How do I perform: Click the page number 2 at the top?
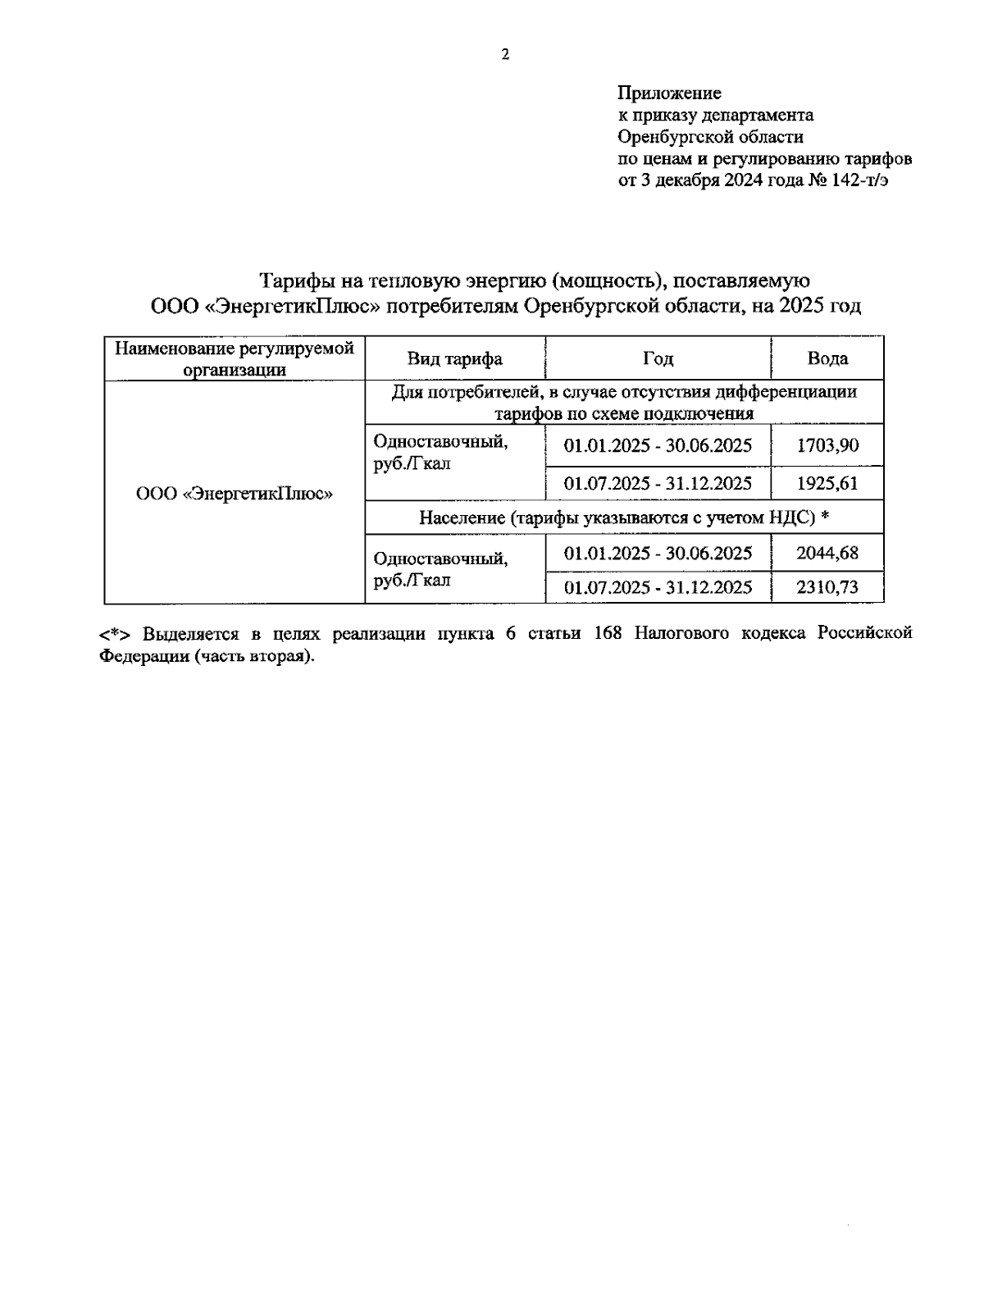pyautogui.click(x=504, y=56)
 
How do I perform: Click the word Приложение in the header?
pyautogui.click(x=669, y=93)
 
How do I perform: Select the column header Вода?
pyautogui.click(x=827, y=358)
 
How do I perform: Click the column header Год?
pyautogui.click(x=658, y=358)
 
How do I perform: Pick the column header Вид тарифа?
pyautogui.click(x=454, y=358)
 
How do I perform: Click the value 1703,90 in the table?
pyautogui.click(x=827, y=445)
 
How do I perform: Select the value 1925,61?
pyautogui.click(x=827, y=483)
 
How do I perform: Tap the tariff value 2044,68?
pyautogui.click(x=827, y=553)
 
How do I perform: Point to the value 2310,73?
pyautogui.click(x=827, y=587)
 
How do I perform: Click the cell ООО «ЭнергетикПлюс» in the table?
pyautogui.click(x=234, y=494)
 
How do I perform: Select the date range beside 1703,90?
pyautogui.click(x=658, y=445)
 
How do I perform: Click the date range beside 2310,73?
pyautogui.click(x=658, y=587)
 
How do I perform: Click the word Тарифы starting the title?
pyautogui.click(x=289, y=281)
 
